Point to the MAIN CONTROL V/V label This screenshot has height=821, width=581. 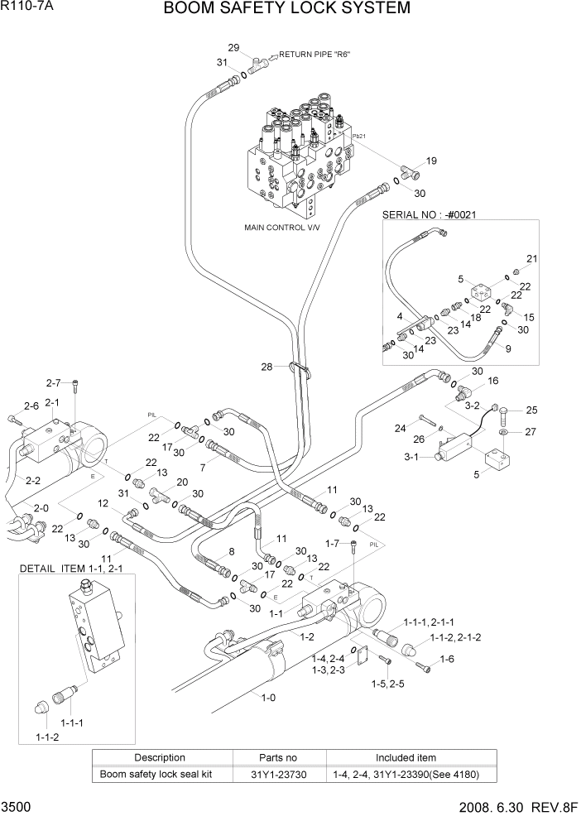(x=281, y=227)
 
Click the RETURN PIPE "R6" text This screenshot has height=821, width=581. (x=315, y=55)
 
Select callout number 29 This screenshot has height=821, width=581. (x=233, y=46)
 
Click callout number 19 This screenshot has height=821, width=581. (x=431, y=161)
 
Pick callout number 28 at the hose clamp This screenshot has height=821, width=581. (x=266, y=367)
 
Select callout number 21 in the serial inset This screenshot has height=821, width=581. (x=531, y=259)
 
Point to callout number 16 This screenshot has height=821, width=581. (x=493, y=382)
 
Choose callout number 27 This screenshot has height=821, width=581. (x=531, y=431)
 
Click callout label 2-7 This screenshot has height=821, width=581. (x=54, y=382)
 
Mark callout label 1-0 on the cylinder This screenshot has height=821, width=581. (x=269, y=698)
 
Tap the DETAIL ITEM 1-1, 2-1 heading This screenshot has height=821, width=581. (x=76, y=569)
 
